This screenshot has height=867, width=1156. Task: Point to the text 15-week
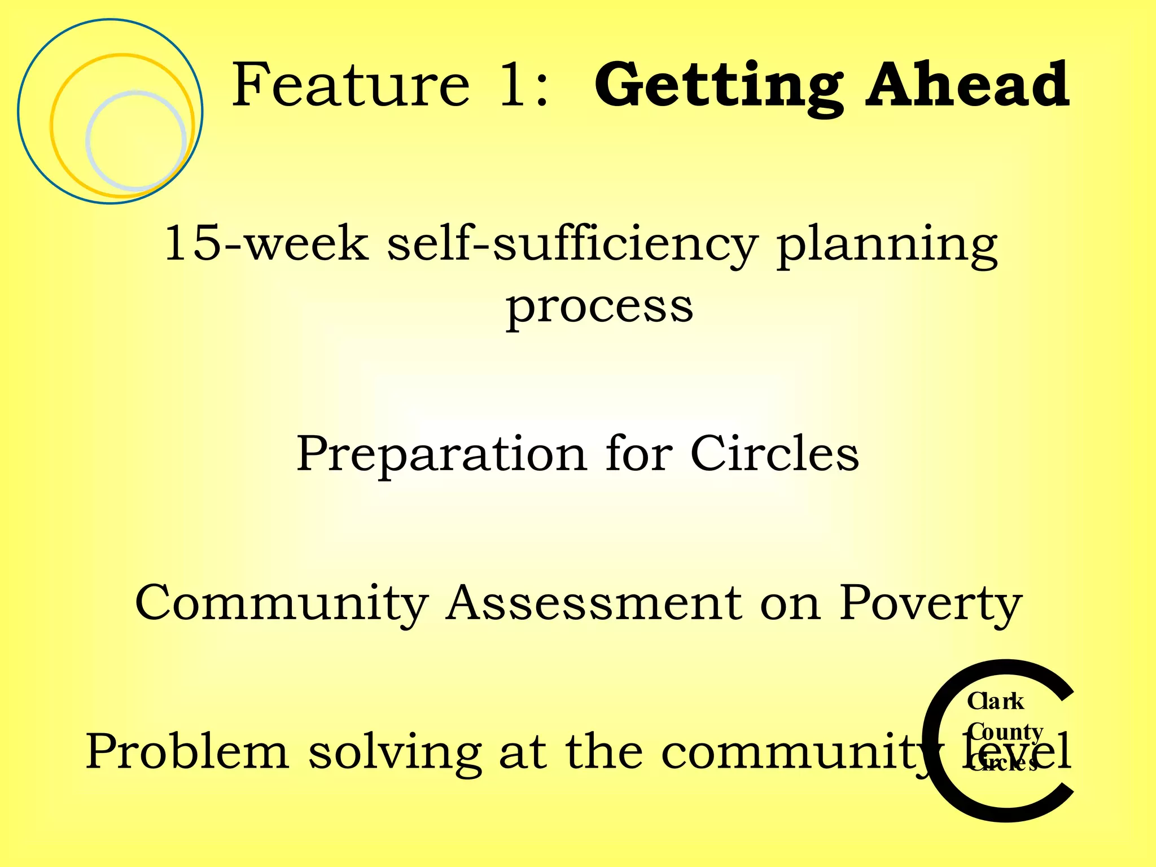(266, 243)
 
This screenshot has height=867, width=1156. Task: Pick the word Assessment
(594, 603)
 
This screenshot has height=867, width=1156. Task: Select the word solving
(395, 752)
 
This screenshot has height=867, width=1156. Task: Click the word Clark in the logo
(995, 702)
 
